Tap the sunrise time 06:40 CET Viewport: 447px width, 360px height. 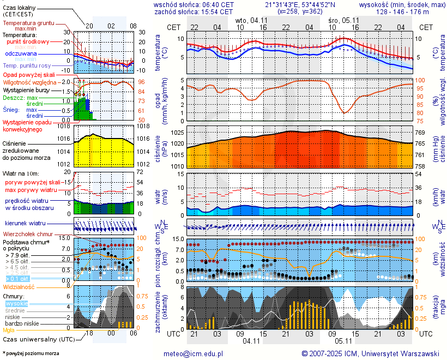pyautogui.click(x=218, y=4)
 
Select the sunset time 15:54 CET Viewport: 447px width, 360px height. pyautogui.click(x=217, y=11)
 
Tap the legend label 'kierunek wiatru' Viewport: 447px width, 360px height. pyautogui.click(x=25, y=224)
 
